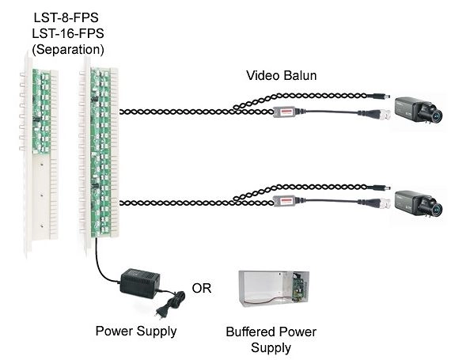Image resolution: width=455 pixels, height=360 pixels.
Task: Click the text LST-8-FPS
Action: [66, 17]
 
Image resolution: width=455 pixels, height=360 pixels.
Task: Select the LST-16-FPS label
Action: [68, 34]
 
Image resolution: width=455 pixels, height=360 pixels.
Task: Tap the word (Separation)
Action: [68, 50]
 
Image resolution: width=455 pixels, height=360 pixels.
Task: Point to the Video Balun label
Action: [281, 75]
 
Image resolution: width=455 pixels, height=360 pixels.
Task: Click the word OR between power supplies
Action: [201, 288]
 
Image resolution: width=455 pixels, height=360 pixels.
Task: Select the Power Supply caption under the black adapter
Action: [136, 332]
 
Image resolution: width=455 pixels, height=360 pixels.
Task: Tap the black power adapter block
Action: [139, 283]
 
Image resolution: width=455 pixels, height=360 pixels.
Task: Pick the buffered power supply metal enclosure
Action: [273, 290]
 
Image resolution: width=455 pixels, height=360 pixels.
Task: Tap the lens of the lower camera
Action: [436, 207]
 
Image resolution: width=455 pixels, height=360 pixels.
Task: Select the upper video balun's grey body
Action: [284, 112]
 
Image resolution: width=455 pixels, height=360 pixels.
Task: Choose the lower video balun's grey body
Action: [284, 200]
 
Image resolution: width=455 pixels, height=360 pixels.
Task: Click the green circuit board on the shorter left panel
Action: [41, 112]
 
